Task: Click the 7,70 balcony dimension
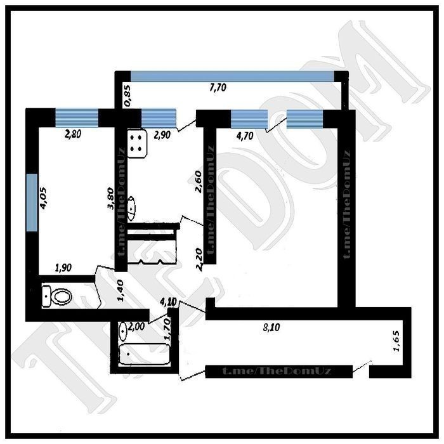tap(218, 88)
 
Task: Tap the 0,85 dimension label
tap(127, 96)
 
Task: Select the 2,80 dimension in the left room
tap(73, 134)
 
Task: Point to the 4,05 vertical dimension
tap(44, 198)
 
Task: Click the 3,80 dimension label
tap(110, 198)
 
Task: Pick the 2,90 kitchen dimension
tap(162, 134)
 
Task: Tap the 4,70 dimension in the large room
tap(245, 136)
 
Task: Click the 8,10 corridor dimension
tap(271, 327)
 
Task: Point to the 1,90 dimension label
tap(63, 268)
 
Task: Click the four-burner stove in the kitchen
tap(138, 143)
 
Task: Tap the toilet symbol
tap(57, 296)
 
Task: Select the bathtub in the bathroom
tap(145, 354)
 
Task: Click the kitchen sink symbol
tap(132, 209)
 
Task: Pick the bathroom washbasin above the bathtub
tap(124, 331)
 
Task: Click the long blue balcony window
tap(232, 76)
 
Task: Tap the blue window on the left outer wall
tap(32, 202)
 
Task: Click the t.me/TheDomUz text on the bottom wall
tap(277, 371)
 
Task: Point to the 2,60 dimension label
tap(198, 181)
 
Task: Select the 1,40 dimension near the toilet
tap(120, 291)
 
